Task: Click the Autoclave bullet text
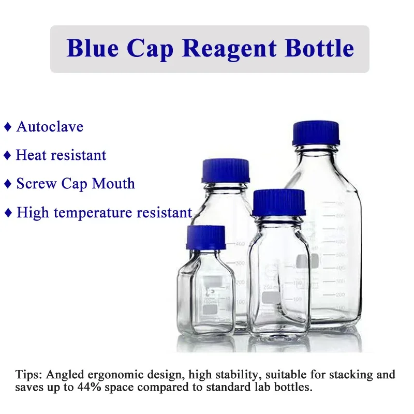click(x=50, y=127)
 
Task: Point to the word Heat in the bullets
click(x=30, y=155)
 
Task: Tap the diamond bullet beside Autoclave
click(x=7, y=127)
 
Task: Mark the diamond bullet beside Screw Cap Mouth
click(x=7, y=184)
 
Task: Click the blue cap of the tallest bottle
click(x=316, y=134)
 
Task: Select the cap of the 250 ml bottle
click(x=279, y=202)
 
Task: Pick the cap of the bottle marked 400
click(x=226, y=170)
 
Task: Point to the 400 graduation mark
click(x=240, y=244)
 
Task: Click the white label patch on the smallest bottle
click(x=210, y=309)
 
